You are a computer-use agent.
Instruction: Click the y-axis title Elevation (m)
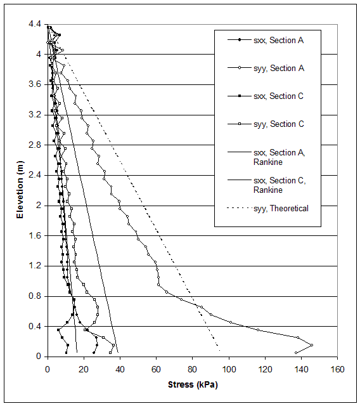click(20, 190)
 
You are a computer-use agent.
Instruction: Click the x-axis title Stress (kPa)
click(193, 384)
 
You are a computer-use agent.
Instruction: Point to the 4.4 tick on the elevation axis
click(34, 24)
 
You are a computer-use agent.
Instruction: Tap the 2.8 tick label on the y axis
click(34, 145)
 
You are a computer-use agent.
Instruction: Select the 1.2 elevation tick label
click(34, 266)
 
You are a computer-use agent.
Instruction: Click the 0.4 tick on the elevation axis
click(34, 326)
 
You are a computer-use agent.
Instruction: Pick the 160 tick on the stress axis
click(338, 367)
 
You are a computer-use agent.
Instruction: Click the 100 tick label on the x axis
click(229, 367)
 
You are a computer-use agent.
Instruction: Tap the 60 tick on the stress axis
click(157, 367)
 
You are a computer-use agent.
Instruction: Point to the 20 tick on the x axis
click(84, 367)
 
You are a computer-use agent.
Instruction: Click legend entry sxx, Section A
click(278, 41)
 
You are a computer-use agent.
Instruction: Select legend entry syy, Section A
click(278, 69)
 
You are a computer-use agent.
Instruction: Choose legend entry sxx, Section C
click(278, 96)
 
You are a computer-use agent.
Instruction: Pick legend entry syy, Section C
click(278, 124)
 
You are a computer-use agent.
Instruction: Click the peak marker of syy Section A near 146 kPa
click(312, 345)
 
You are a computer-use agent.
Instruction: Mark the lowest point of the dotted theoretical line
click(220, 351)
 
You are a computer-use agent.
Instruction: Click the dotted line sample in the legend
click(239, 208)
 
